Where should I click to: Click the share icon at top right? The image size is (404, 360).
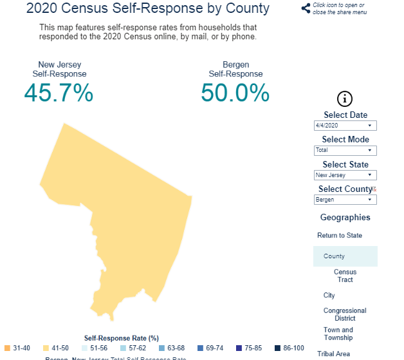[306, 8]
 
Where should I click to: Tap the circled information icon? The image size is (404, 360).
[345, 99]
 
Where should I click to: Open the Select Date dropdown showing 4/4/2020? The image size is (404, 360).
[345, 126]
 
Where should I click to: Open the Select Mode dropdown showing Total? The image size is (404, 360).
[345, 150]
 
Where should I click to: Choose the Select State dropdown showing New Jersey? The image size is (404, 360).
[345, 175]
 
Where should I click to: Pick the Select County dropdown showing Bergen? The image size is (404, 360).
[345, 200]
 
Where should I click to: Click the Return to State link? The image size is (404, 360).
[340, 235]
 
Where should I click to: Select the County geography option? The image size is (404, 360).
[335, 256]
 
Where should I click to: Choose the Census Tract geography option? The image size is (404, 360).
[345, 276]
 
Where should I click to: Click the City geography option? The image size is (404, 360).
[329, 295]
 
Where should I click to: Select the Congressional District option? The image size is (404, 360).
[345, 314]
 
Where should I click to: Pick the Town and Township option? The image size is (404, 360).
[338, 334]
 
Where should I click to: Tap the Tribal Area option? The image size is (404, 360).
[333, 354]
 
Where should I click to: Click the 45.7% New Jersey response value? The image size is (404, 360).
[59, 93]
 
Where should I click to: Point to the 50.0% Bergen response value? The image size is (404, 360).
[235, 93]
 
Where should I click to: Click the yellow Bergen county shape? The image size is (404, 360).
[129, 219]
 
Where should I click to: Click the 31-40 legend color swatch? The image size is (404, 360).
[7, 348]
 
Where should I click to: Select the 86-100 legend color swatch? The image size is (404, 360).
[278, 348]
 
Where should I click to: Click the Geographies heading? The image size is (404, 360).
[345, 218]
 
